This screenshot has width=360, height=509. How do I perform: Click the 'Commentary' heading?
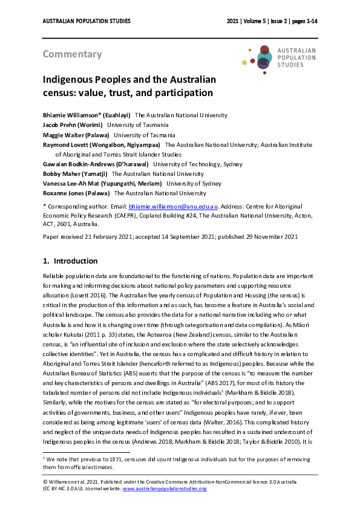pyautogui.click(x=72, y=54)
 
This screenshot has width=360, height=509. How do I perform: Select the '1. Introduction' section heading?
pyautogui.click(x=70, y=261)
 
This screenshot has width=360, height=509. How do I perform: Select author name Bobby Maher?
pyautogui.click(x=74, y=173)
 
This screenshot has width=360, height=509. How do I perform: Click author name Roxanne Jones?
pyautogui.click(x=76, y=193)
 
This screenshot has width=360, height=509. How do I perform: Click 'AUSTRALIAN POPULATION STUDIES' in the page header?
pyautogui.click(x=87, y=21)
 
